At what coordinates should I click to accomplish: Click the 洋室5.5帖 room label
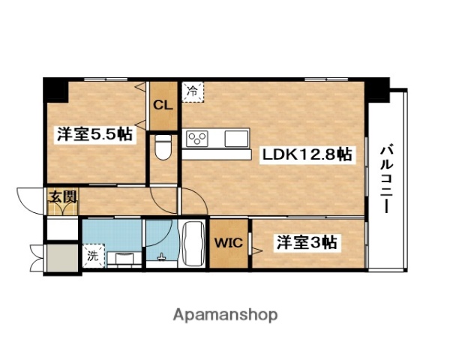pos(94,135)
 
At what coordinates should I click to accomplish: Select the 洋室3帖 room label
pos(307,242)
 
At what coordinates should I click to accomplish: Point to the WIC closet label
pos(228,243)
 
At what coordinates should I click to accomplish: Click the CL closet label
pos(163,104)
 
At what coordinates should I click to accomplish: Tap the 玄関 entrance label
pos(61,198)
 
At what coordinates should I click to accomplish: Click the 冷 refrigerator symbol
pos(192,92)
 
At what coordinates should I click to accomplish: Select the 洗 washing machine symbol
pos(92,255)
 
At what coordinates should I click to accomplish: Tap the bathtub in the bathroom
pos(192,243)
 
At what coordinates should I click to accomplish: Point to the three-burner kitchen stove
pos(198,139)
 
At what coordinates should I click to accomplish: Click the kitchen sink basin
pos(236,139)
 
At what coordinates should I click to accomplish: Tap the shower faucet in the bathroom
pos(161,258)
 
